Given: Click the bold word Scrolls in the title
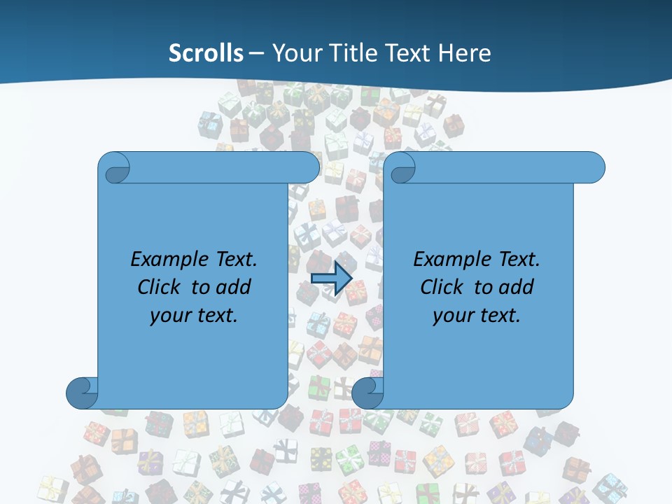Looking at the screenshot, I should [206, 53].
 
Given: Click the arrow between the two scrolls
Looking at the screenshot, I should [331, 279].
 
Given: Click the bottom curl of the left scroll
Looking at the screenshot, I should [83, 393].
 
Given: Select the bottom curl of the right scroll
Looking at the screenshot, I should [367, 393].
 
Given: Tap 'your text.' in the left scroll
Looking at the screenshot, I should [194, 316].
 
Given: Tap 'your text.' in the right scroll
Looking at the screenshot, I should [477, 316].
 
